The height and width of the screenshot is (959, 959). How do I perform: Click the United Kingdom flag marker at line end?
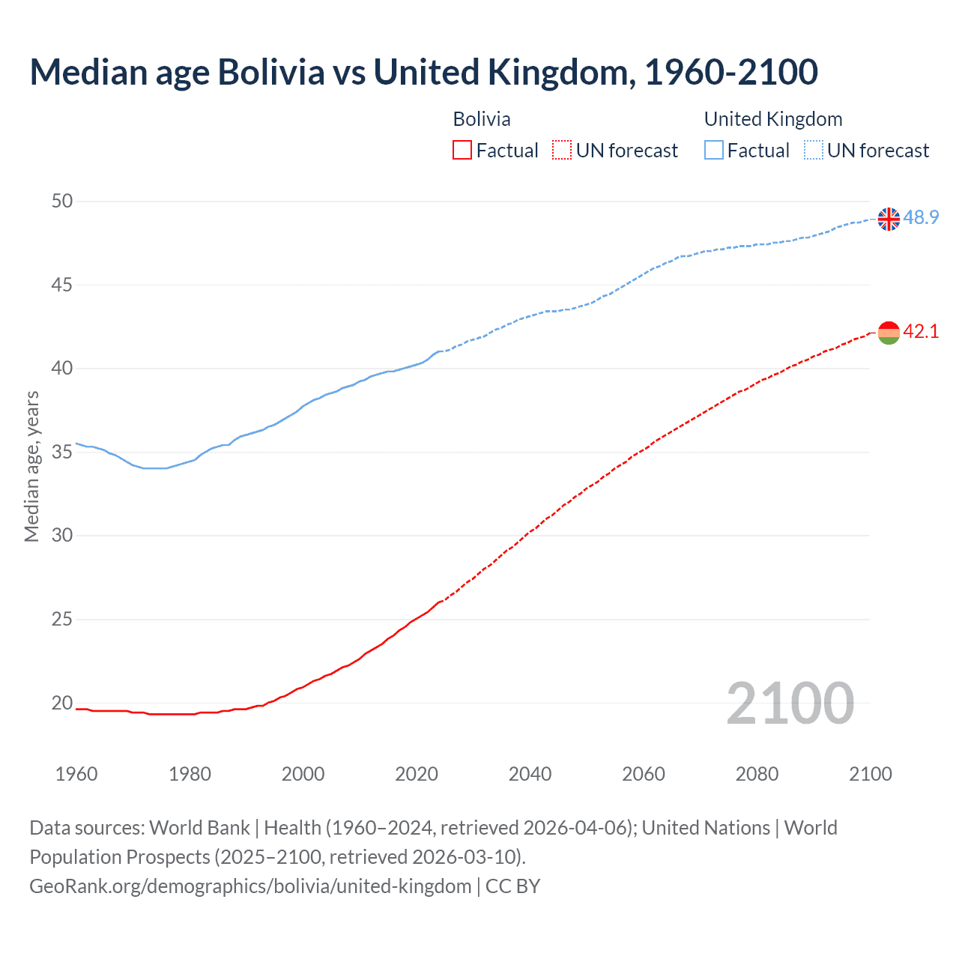[x=889, y=219]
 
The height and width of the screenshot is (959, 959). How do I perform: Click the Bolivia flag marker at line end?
[x=889, y=332]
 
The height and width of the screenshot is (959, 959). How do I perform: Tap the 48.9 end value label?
[x=921, y=218]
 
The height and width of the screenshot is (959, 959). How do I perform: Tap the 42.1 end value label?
[x=921, y=331]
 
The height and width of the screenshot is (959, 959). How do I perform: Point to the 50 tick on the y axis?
[x=62, y=201]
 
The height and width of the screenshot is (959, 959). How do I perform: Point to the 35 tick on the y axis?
[x=62, y=452]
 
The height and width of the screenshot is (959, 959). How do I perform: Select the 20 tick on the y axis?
[x=62, y=703]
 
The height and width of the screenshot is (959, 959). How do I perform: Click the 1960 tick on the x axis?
[x=76, y=774]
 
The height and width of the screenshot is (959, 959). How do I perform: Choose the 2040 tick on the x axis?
[x=530, y=774]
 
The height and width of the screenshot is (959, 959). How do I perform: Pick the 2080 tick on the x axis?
[x=757, y=774]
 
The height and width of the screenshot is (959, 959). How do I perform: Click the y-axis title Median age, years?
[x=31, y=466]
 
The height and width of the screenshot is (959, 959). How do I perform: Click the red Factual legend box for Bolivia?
[x=462, y=151]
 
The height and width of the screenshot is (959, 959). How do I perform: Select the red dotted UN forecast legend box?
[x=562, y=151]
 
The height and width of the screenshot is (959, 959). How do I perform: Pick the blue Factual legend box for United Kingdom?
[x=714, y=151]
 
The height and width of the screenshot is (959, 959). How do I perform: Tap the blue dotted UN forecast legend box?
[x=814, y=151]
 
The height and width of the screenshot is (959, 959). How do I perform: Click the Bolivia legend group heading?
[x=482, y=119]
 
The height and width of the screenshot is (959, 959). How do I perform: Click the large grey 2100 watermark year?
[x=790, y=704]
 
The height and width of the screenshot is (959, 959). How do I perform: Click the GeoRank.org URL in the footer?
[x=250, y=886]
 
